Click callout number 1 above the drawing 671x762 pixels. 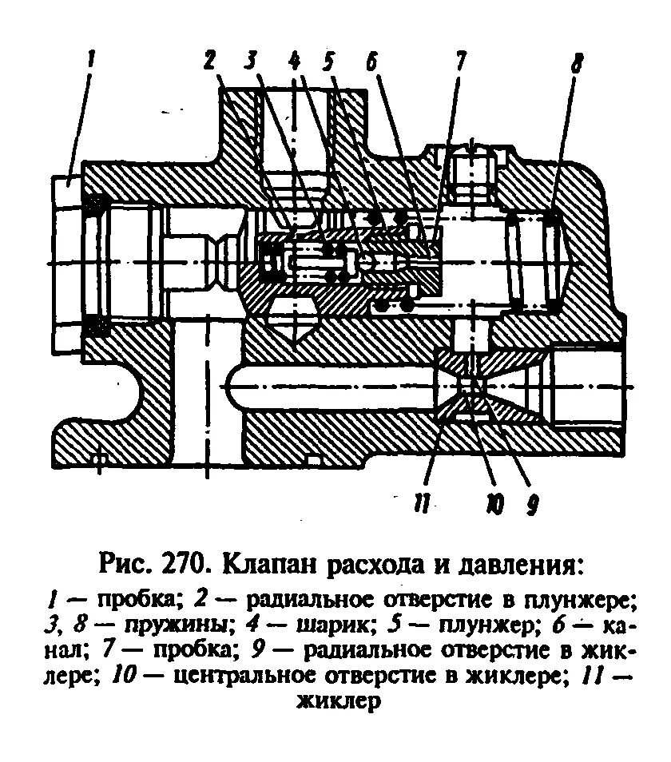[92, 58]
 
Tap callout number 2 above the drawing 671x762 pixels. [209, 60]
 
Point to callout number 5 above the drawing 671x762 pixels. [328, 60]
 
